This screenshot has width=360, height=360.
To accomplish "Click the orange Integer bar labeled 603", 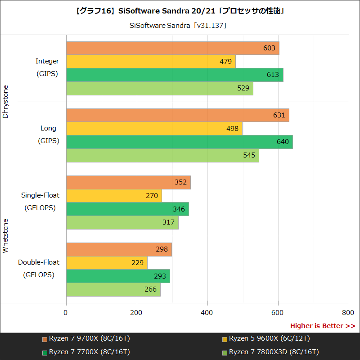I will point(172,48).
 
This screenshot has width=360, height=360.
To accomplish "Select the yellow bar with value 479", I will point(151,62).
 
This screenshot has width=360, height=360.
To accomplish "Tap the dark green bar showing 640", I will point(179,142).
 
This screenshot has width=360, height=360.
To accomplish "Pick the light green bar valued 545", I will point(162,155).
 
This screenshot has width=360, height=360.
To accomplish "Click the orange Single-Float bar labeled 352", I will point(128,182).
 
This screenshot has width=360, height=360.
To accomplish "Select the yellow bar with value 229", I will point(107,263).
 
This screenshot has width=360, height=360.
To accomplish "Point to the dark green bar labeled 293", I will point(118,276).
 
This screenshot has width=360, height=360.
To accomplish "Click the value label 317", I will point(168,222).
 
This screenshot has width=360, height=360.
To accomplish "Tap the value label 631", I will point(279,115).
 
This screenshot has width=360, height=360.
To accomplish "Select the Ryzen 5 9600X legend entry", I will point(265,339).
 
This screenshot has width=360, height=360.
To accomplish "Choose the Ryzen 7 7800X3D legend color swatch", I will point(225,352).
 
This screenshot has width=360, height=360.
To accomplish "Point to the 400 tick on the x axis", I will point(207,312).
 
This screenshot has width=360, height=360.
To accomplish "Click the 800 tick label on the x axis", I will point(348,312).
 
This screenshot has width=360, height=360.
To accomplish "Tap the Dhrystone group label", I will point(6,102).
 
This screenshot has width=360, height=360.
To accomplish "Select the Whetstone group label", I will point(6,236).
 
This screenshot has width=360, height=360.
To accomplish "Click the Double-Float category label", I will point(39,262).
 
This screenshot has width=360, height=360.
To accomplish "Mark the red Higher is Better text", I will point(322,326).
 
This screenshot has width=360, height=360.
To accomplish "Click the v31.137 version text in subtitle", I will point(210,25).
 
